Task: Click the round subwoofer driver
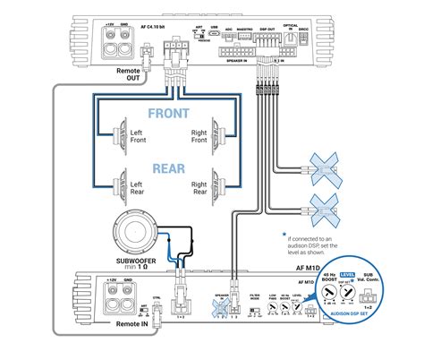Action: pyautogui.click(x=136, y=237)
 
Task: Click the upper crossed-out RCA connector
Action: pyautogui.click(x=325, y=169)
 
